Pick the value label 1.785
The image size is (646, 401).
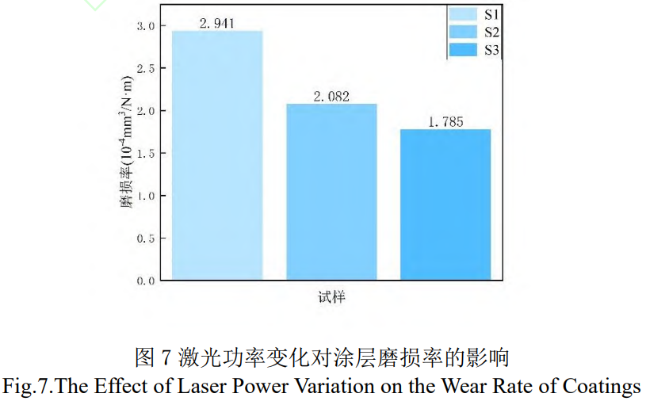[445, 122]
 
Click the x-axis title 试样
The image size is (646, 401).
[331, 300]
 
